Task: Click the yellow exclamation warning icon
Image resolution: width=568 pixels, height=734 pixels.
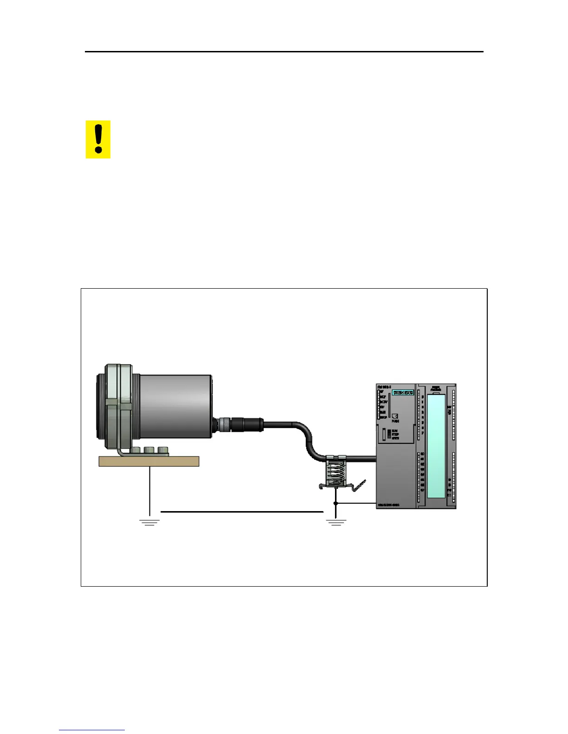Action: click(98, 139)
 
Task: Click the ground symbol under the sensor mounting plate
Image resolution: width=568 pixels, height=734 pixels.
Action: click(149, 522)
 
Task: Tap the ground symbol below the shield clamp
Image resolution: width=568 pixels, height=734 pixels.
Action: click(336, 522)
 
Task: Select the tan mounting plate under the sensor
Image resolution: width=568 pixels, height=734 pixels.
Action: click(149, 461)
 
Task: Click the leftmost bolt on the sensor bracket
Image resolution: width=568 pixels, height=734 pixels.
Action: click(136, 450)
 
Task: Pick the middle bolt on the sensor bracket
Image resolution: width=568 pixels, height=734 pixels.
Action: click(149, 450)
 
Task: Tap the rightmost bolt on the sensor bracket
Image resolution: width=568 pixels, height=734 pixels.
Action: click(162, 450)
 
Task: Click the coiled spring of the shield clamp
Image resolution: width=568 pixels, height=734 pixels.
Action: click(336, 473)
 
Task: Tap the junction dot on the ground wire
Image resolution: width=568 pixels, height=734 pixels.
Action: click(336, 503)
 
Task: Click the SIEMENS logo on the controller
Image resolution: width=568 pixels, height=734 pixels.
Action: click(403, 392)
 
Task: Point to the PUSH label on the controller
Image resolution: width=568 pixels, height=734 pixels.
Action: click(395, 421)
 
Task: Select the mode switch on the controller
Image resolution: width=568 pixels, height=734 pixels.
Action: click(389, 434)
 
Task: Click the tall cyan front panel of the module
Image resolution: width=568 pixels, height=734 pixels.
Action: click(436, 446)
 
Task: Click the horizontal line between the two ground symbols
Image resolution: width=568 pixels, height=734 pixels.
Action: click(242, 512)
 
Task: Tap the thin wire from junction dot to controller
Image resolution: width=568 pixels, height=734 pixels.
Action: click(356, 503)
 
